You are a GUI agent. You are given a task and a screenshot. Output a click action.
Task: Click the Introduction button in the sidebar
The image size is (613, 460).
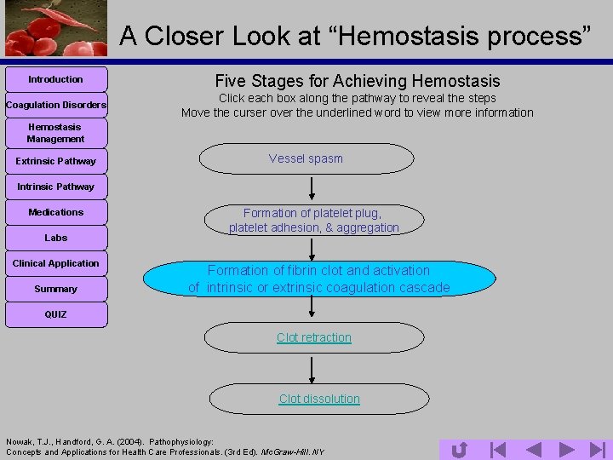[56, 79]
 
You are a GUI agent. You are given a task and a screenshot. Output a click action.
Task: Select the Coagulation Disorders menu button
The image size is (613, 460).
[56, 105]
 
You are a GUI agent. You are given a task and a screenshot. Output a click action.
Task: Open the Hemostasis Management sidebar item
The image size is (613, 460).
[56, 133]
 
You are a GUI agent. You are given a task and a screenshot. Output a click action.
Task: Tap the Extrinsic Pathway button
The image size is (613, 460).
[56, 161]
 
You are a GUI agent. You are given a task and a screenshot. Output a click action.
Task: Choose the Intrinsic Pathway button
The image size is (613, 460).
[56, 187]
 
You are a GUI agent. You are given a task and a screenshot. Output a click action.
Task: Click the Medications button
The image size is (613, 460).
[56, 212]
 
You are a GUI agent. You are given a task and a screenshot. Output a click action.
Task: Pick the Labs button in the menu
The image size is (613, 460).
[56, 238]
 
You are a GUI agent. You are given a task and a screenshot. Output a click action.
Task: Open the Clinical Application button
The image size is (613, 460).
[56, 263]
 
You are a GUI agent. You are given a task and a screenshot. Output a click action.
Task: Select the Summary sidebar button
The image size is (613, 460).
[56, 289]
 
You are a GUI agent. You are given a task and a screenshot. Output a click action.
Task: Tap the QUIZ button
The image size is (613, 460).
[56, 314]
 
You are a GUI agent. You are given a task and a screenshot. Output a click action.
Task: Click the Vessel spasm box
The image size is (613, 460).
[306, 158]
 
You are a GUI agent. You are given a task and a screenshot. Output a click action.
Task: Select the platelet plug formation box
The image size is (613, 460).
[313, 221]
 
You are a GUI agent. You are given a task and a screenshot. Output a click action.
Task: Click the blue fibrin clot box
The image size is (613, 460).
[318, 279]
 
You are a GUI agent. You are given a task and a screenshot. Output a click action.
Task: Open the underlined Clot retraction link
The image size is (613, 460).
[314, 337]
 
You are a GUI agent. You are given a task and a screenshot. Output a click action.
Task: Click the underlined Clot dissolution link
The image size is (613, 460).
[319, 399]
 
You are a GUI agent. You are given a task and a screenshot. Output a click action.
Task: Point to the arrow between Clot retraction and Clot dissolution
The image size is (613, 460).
[312, 369]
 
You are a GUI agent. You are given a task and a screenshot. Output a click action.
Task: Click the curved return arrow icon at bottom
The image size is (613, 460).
[458, 449]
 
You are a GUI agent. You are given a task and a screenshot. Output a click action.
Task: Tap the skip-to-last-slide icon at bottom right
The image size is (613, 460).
[597, 449]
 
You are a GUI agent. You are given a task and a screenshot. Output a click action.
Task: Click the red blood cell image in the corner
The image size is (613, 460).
[55, 28]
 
